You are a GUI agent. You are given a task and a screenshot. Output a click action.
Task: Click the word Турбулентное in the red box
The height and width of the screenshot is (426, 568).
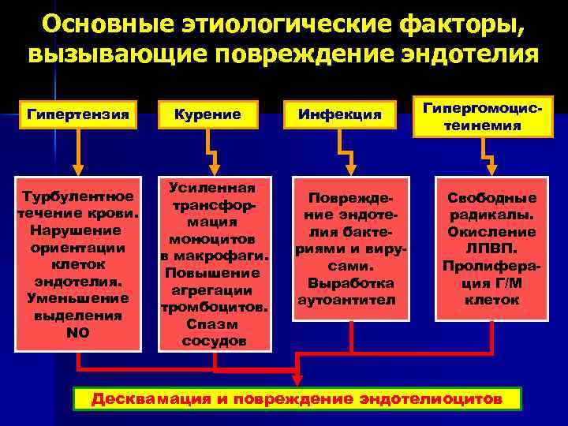click(x=77, y=196)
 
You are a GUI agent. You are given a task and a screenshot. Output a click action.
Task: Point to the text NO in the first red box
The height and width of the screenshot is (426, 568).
click(x=77, y=333)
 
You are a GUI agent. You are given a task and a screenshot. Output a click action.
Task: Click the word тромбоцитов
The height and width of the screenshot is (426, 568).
click(x=215, y=307)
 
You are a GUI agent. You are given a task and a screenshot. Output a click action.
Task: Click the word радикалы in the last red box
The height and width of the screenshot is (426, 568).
click(x=479, y=215)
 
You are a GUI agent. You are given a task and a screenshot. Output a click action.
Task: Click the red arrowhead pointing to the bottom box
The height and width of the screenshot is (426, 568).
click(x=297, y=381)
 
